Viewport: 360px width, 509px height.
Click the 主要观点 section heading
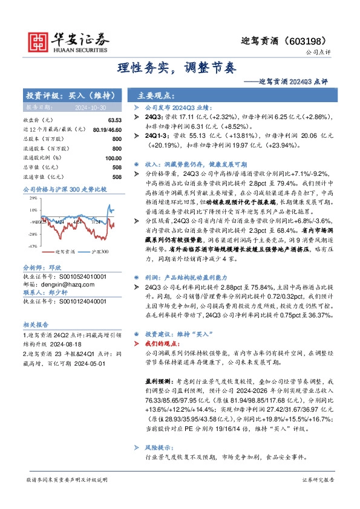(156, 96)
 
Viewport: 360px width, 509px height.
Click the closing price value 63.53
(115, 120)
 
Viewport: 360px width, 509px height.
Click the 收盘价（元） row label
(38, 120)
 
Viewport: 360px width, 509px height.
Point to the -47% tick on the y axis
(32, 247)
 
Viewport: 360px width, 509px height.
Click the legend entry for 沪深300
(99, 251)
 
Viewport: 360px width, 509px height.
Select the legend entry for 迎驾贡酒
(64, 251)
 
